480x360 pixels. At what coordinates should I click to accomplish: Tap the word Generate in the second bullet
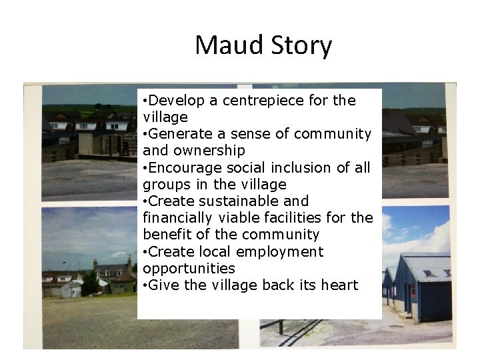(176, 134)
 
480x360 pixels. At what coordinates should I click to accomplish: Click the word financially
(175, 218)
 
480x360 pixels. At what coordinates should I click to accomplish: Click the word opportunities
(189, 269)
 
